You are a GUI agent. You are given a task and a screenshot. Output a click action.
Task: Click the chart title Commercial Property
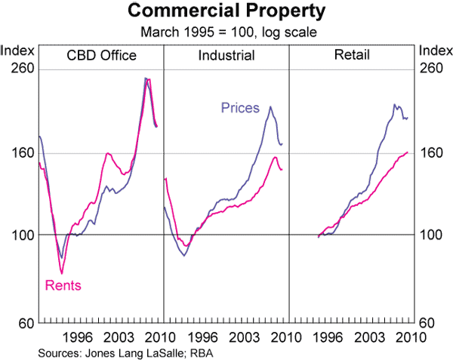(226, 12)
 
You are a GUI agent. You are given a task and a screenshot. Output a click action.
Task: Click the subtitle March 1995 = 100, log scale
(226, 32)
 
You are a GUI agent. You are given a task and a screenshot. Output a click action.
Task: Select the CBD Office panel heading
(101, 56)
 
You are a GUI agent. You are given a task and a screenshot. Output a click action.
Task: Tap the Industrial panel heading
(226, 56)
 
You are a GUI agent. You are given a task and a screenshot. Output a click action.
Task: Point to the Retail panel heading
(351, 56)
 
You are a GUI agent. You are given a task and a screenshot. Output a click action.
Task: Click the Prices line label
(240, 108)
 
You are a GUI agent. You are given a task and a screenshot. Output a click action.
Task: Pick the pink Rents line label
(63, 285)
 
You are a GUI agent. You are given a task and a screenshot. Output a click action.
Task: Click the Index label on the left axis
(16, 51)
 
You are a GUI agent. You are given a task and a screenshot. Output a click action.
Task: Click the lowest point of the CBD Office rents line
(62, 273)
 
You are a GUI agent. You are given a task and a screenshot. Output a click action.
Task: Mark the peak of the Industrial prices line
(270, 106)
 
